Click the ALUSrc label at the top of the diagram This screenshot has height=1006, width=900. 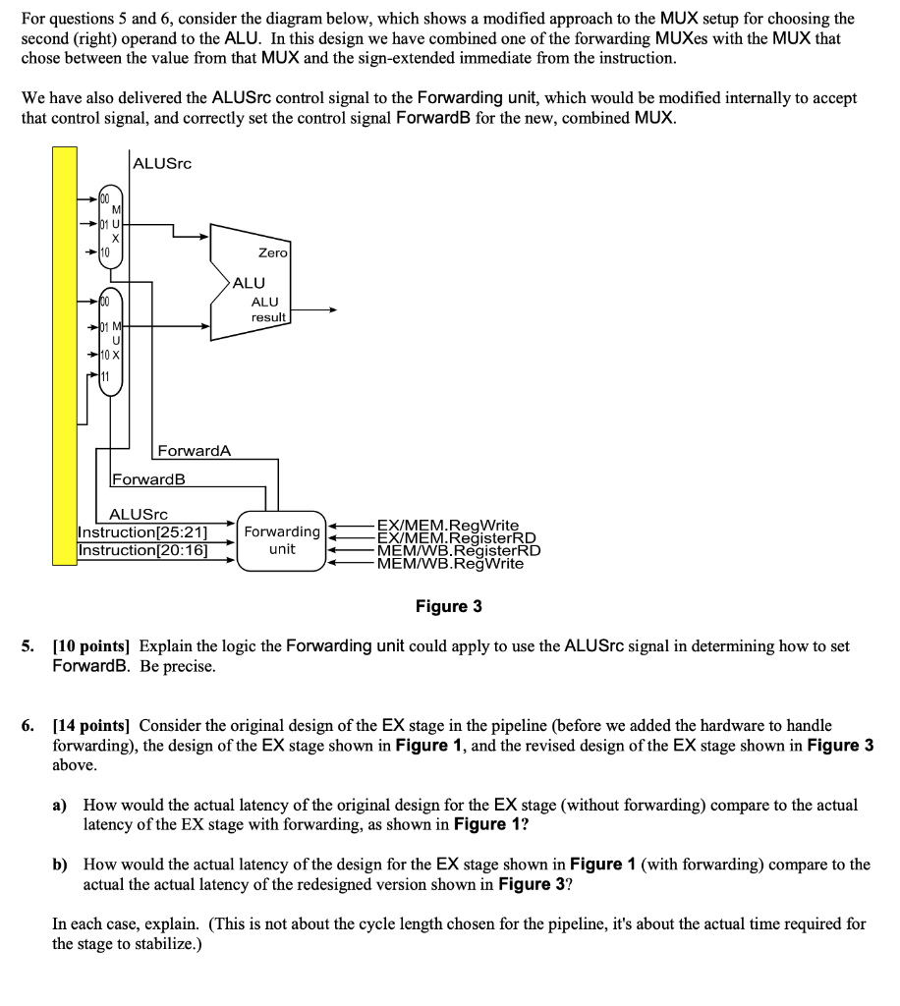[x=162, y=162]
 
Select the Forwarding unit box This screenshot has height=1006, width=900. [x=282, y=539]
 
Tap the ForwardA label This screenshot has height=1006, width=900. [x=194, y=451]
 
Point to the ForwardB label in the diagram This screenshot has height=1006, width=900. [x=148, y=480]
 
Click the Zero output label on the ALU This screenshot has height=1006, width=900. [x=272, y=252]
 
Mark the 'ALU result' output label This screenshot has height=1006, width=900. [x=267, y=309]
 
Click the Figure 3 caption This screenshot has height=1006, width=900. [x=449, y=606]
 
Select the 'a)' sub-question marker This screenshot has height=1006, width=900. [x=60, y=805]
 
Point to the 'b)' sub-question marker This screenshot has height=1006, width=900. [x=60, y=865]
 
